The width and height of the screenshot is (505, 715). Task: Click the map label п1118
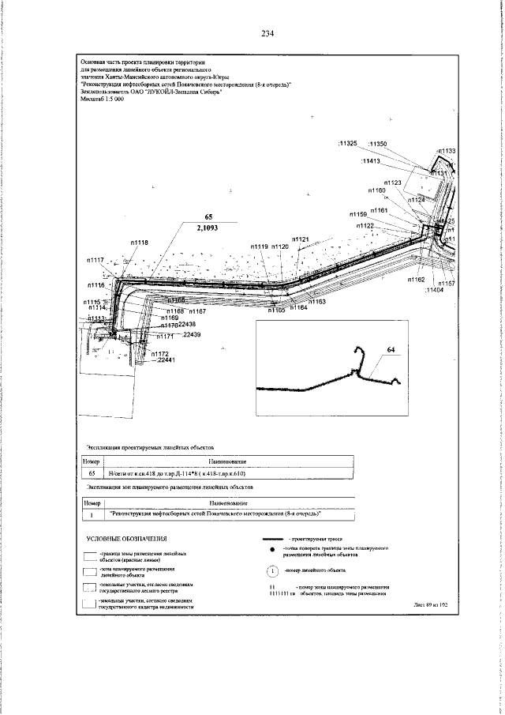[139, 243]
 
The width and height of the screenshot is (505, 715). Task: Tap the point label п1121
[300, 239]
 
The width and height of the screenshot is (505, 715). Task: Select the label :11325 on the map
[348, 144]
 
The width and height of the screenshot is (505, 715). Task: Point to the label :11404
[434, 291]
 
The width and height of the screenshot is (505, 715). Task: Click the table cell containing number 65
[92, 473]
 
